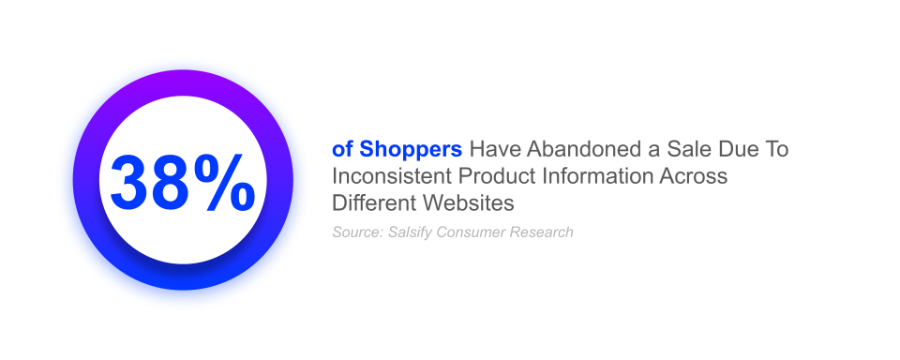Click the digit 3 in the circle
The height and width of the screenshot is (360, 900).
(x=131, y=181)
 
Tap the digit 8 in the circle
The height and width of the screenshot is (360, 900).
(x=173, y=181)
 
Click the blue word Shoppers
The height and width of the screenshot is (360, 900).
(x=411, y=149)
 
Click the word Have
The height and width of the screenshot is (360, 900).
(x=489, y=149)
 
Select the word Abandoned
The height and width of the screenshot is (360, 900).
(x=571, y=149)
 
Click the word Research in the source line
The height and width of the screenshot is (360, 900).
(x=541, y=232)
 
